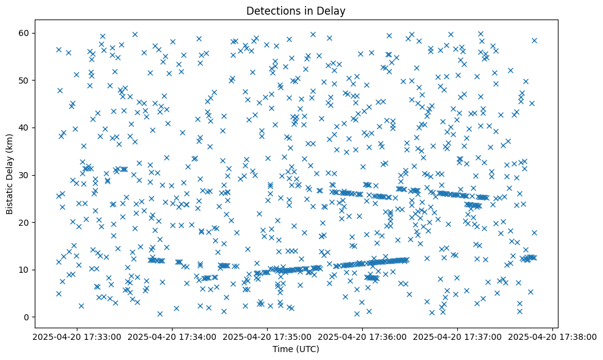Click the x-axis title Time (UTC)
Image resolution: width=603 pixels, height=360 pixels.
(296, 350)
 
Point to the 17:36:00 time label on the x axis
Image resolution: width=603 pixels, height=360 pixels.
(362, 336)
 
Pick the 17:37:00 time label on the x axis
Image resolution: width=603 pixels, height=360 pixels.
(457, 336)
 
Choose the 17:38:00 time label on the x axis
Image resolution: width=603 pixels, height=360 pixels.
(552, 336)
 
